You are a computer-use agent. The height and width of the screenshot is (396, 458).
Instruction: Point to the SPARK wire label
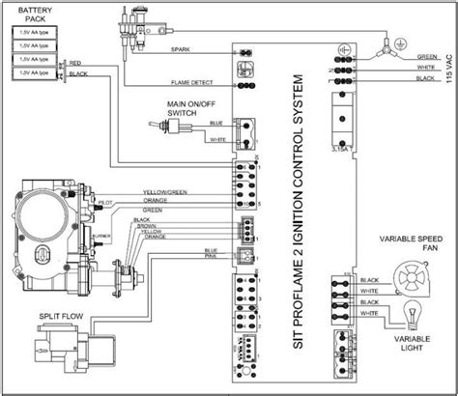click(x=179, y=48)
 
